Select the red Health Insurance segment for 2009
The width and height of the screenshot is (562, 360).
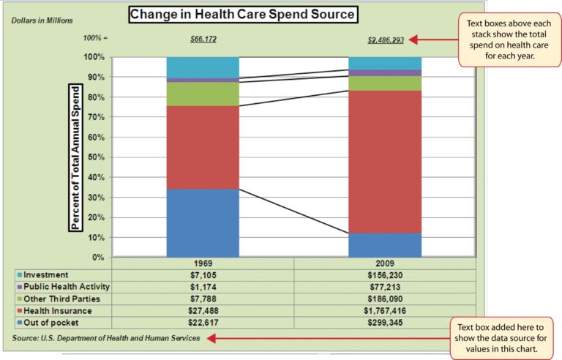click(x=385, y=161)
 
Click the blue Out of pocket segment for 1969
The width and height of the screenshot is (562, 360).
click(x=203, y=222)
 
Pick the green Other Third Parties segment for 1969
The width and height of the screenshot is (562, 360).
click(x=203, y=94)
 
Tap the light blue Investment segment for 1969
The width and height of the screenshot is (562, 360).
click(x=203, y=67)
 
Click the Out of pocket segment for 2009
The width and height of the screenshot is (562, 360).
click(x=385, y=244)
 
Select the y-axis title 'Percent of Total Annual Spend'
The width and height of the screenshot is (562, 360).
click(x=74, y=157)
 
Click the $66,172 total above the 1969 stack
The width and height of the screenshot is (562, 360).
click(x=203, y=39)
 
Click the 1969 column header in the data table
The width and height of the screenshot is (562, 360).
click(x=203, y=263)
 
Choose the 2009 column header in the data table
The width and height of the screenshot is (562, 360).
click(x=385, y=263)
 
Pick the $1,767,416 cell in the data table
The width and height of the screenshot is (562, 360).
click(x=385, y=310)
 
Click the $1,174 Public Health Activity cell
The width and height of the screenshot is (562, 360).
click(x=203, y=287)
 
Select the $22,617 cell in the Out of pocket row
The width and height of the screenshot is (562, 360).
click(x=203, y=322)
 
